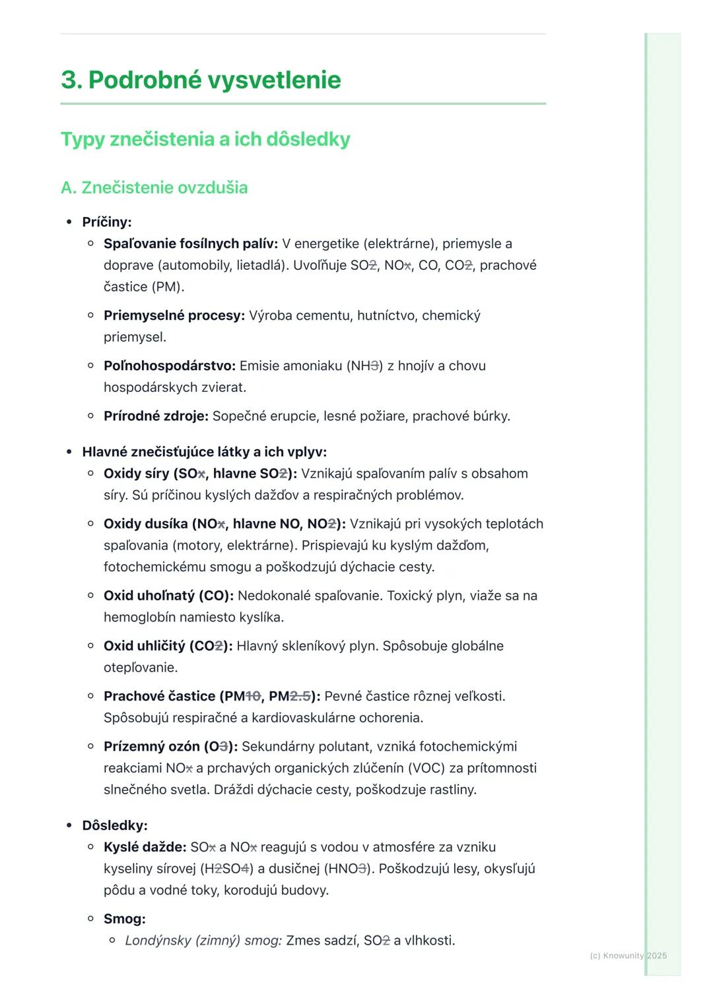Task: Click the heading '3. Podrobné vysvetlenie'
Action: click(x=201, y=80)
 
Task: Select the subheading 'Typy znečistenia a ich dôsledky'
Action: click(x=205, y=139)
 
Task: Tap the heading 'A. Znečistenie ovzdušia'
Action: click(x=154, y=187)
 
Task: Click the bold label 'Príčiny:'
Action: click(x=107, y=222)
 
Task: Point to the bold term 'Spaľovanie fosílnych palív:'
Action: click(x=191, y=243)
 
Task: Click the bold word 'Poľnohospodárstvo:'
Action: click(x=170, y=365)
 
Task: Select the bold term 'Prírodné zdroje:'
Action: click(x=156, y=416)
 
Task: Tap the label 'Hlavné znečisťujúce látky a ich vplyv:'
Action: click(x=204, y=452)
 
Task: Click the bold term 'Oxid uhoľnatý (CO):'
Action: click(x=168, y=596)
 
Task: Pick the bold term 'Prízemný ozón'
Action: click(x=151, y=746)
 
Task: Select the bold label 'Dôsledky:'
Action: click(x=115, y=825)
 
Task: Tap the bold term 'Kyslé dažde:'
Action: click(x=145, y=847)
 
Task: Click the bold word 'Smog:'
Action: click(x=125, y=919)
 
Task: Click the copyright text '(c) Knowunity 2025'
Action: click(x=628, y=955)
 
